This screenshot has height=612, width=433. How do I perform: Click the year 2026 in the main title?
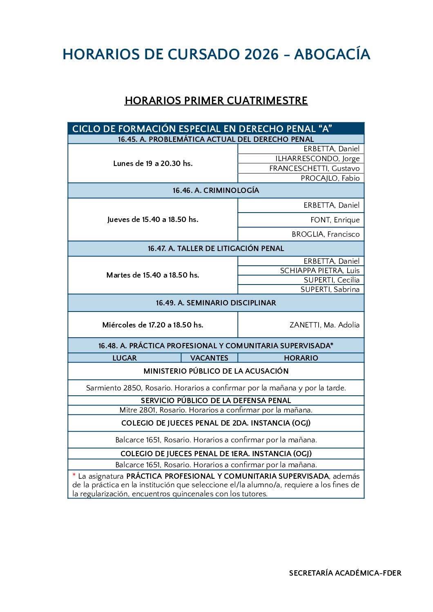pyautogui.click(x=261, y=54)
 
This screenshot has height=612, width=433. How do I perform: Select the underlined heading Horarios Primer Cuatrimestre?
pyautogui.click(x=216, y=101)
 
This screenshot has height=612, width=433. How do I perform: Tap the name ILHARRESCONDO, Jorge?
pyautogui.click(x=317, y=159)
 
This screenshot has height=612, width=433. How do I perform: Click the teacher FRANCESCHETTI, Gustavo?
pyautogui.click(x=314, y=168)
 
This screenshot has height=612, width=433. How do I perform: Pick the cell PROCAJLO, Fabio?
pyautogui.click(x=330, y=178)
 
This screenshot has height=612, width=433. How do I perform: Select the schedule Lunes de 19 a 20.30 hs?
pyautogui.click(x=153, y=164)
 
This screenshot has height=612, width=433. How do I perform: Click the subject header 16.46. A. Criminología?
pyautogui.click(x=216, y=191)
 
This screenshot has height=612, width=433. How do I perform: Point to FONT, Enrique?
pyautogui.click(x=335, y=220)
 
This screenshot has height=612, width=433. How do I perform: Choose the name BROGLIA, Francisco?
pyautogui.click(x=326, y=234)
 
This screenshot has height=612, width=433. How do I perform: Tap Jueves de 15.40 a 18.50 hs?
pyautogui.click(x=153, y=220)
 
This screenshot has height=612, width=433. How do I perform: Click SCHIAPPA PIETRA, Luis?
pyautogui.click(x=319, y=271)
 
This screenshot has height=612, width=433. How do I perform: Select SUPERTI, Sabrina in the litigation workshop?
pyautogui.click(x=330, y=289)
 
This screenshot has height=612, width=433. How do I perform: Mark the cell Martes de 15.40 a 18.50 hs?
pyautogui.click(x=153, y=275)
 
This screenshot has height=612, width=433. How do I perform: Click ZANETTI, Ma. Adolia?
pyautogui.click(x=324, y=325)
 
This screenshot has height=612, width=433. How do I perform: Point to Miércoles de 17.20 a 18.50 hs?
pyautogui.click(x=153, y=325)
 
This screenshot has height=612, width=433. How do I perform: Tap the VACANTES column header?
pyautogui.click(x=209, y=358)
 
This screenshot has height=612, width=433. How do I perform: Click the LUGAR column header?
pyautogui.click(x=125, y=358)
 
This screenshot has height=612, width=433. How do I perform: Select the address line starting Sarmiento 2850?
pyautogui.click(x=216, y=388)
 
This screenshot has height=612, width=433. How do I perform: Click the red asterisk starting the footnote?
pyautogui.click(x=74, y=476)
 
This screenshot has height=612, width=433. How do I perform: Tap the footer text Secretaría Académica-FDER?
pyautogui.click(x=345, y=573)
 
